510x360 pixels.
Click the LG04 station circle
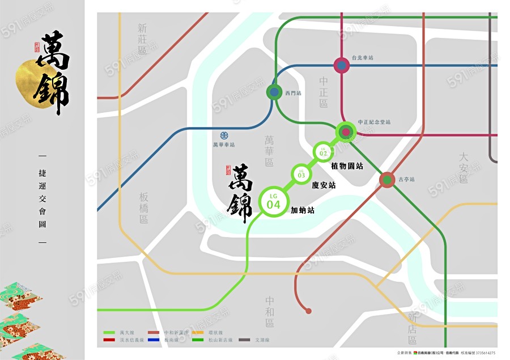click(274, 202)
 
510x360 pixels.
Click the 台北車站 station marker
click(341, 66)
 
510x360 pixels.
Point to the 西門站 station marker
click(275, 92)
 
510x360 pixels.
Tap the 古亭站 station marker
click(387, 180)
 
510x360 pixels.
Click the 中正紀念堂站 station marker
click(345, 132)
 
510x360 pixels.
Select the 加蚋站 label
click(303, 210)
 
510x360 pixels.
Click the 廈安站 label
click(324, 185)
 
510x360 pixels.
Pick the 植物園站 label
click(347, 166)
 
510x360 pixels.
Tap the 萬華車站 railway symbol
click(224, 135)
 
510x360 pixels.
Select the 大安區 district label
click(464, 167)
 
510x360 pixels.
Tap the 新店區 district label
click(412, 328)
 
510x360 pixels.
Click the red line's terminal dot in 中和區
click(308, 311)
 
